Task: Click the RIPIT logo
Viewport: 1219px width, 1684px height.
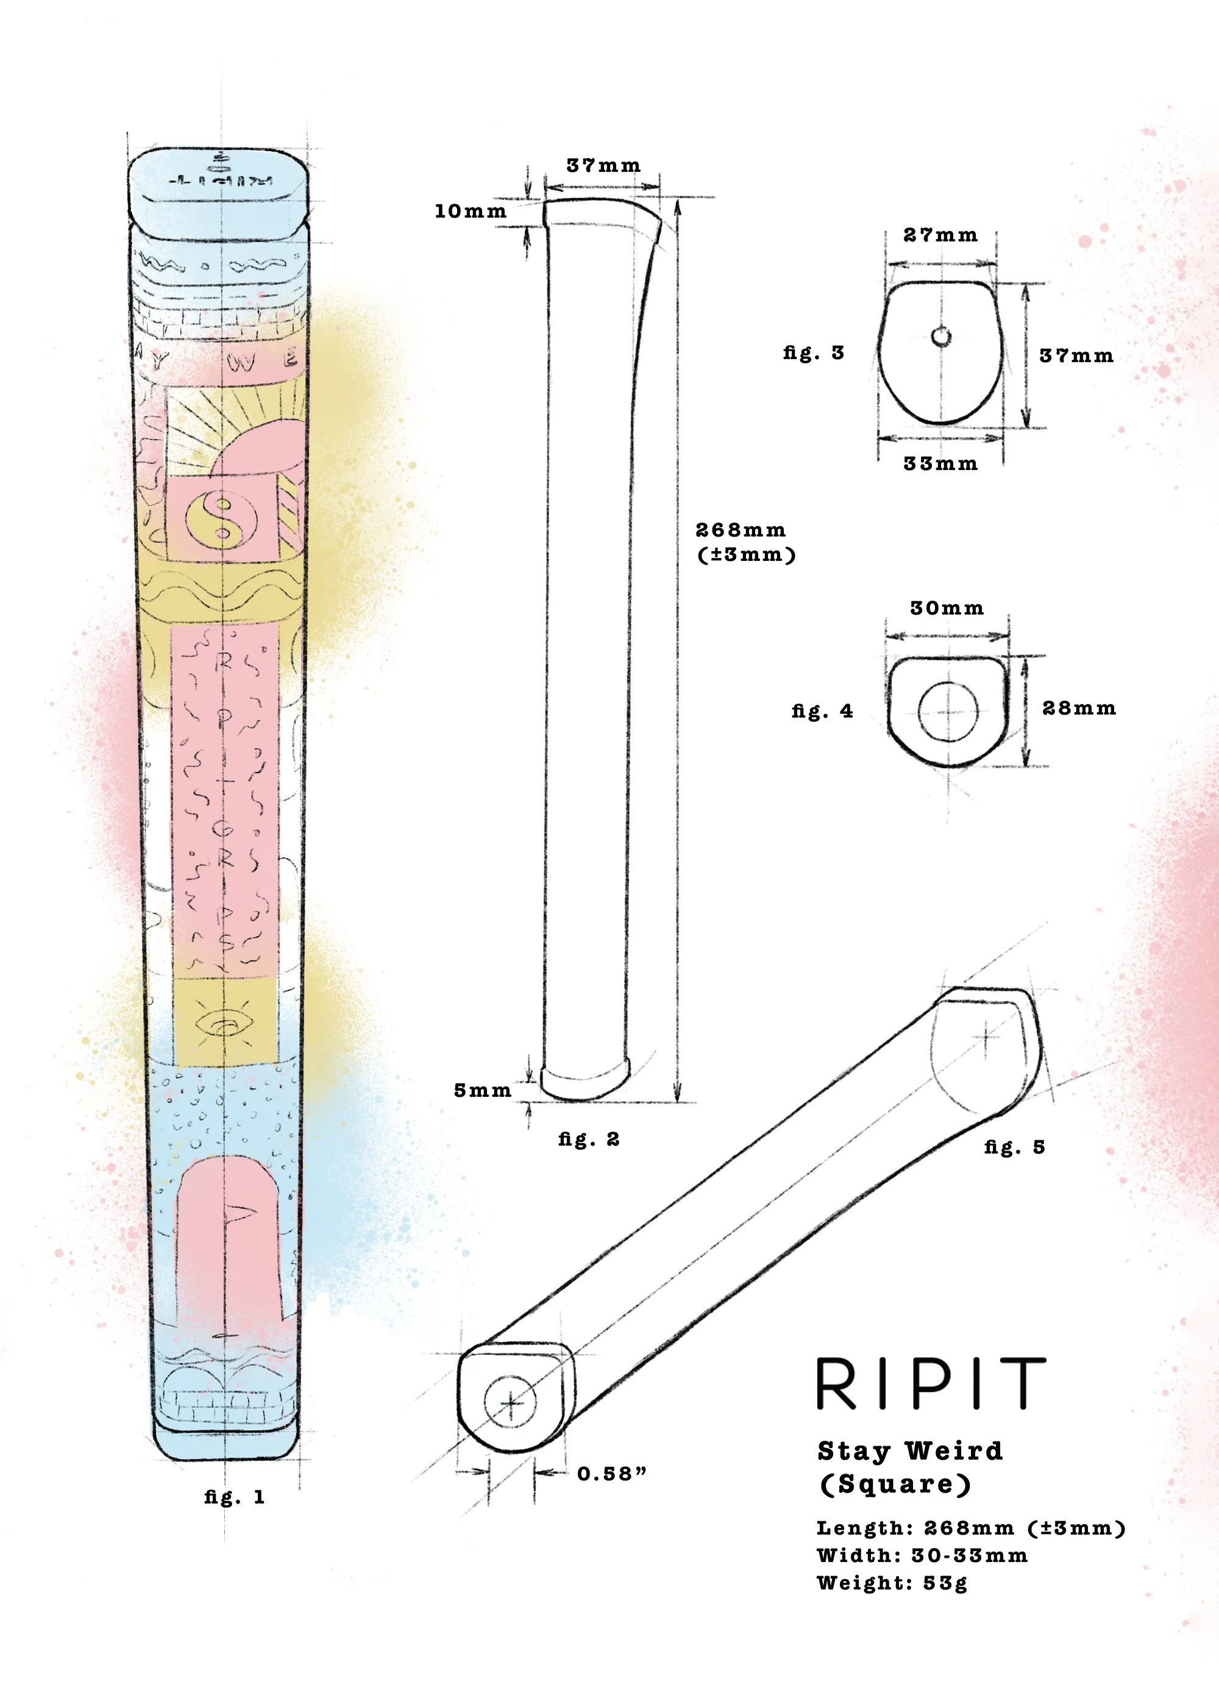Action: [931, 1383]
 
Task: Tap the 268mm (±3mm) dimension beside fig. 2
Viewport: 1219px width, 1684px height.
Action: [745, 542]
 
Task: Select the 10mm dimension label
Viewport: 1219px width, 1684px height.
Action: [471, 212]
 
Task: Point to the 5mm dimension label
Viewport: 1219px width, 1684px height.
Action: [483, 1091]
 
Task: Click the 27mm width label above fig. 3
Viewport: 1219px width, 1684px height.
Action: [940, 235]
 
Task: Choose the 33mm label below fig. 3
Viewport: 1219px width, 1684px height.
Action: [940, 464]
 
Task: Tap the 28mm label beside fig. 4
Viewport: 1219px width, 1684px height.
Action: [1079, 708]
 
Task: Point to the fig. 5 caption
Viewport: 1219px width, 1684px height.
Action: [1014, 1147]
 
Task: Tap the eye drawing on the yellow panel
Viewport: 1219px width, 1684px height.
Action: [224, 1026]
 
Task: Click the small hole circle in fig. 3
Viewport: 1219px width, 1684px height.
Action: [940, 337]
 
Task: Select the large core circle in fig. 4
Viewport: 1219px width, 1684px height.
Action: [948, 712]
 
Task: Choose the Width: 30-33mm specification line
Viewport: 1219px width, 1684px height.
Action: [922, 1555]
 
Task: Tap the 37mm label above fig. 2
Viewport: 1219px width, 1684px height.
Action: [603, 166]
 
